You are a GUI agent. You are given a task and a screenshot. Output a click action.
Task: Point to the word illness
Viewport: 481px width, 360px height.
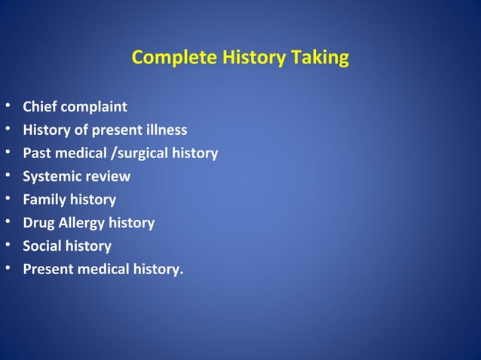[x=164, y=130]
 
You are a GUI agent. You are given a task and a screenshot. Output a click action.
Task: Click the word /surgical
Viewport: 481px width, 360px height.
[x=138, y=154]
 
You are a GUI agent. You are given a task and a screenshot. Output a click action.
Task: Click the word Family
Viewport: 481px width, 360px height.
[x=44, y=200]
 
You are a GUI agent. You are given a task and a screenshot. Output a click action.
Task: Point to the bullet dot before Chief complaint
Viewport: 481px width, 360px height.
[x=8, y=107]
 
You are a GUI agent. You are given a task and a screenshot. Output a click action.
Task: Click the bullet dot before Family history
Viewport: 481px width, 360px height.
[x=8, y=200]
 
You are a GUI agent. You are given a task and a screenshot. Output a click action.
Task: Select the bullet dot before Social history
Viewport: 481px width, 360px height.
[x=8, y=246]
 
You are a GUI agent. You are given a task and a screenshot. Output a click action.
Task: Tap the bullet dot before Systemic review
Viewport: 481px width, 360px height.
[x=8, y=176]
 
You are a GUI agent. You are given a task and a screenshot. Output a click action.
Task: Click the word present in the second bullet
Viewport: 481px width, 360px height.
[x=114, y=130]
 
